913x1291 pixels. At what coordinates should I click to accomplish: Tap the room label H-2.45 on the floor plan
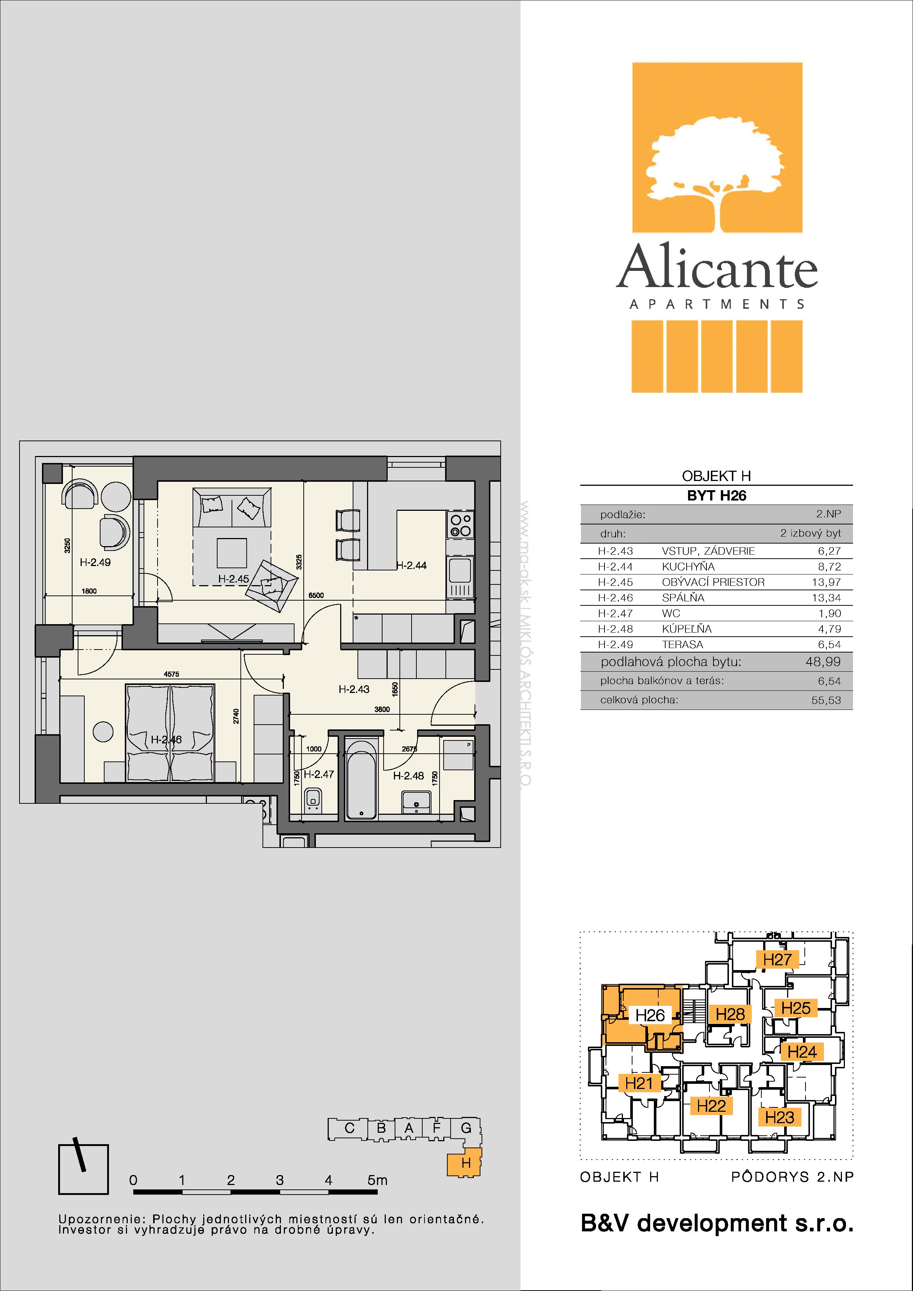pos(233,579)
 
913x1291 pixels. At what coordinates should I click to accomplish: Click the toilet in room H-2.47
pos(313,800)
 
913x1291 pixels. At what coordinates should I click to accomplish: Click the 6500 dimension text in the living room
pos(316,595)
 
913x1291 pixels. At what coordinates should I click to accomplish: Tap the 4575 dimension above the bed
pos(171,674)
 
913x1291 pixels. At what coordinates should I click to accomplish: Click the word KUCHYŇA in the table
pos(688,567)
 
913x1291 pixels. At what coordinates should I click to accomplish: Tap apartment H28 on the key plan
pos(730,1014)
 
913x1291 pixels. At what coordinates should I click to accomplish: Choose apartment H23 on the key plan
pos(779,1117)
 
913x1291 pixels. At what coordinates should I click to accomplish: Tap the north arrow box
pos(83,1169)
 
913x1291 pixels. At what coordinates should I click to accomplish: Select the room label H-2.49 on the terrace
pos(95,562)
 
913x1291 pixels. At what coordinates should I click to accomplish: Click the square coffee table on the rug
pos(232,553)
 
